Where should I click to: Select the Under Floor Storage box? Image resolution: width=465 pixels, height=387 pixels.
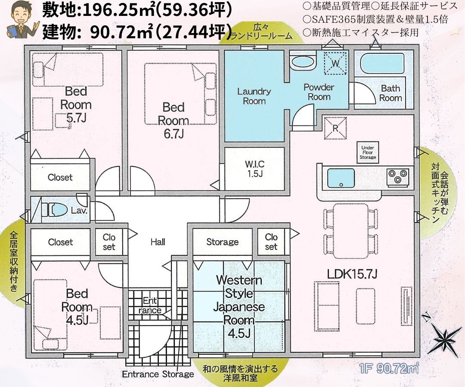coord(368,153)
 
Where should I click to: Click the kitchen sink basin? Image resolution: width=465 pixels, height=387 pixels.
coord(341,178)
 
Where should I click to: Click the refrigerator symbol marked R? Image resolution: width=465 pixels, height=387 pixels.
coord(335,128)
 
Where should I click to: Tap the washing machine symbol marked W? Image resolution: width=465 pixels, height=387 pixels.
coord(335,63)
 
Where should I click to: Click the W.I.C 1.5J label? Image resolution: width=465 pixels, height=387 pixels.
coord(255,169)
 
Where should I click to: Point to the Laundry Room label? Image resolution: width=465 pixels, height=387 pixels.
coord(254,96)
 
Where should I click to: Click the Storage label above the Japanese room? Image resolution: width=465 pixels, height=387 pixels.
coord(223,242)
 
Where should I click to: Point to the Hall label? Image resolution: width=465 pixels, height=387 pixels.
coord(158,242)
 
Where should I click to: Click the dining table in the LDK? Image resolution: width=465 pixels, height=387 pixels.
coord(350,231)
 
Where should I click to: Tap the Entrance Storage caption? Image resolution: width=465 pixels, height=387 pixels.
coord(158,374)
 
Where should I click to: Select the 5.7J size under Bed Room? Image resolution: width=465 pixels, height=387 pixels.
coord(76,118)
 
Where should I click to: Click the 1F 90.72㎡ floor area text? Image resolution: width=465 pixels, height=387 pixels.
coord(388,369)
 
